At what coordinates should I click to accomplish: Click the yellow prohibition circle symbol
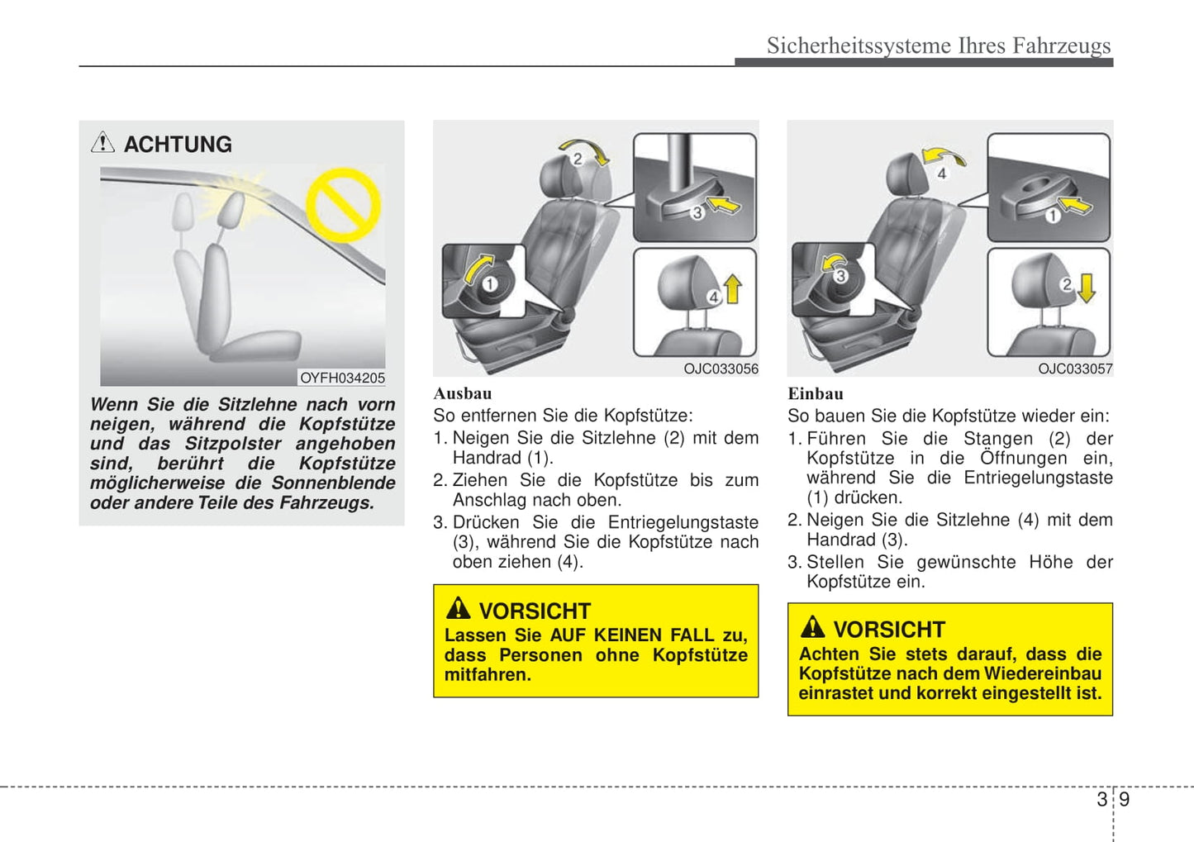click(343, 204)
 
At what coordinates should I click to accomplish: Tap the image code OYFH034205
click(342, 378)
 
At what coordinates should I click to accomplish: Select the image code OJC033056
click(721, 369)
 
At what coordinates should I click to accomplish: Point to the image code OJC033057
click(1075, 369)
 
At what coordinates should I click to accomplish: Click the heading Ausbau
click(463, 394)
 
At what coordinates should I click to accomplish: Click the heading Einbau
click(816, 394)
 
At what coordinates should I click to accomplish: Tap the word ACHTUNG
click(178, 145)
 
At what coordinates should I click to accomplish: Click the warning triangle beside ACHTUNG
click(102, 142)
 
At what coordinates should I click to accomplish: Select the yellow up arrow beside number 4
click(733, 289)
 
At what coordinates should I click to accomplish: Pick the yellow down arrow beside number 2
click(1087, 287)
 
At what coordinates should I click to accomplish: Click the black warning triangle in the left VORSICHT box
click(458, 609)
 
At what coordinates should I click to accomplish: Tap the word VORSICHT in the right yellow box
click(888, 630)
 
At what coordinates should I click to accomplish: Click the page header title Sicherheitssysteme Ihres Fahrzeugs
click(939, 45)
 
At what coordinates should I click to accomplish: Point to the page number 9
click(1125, 799)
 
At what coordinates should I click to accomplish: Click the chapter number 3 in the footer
click(1102, 799)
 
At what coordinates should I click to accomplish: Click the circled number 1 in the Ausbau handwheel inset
click(490, 284)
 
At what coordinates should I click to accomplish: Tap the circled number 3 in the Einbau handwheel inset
click(840, 276)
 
